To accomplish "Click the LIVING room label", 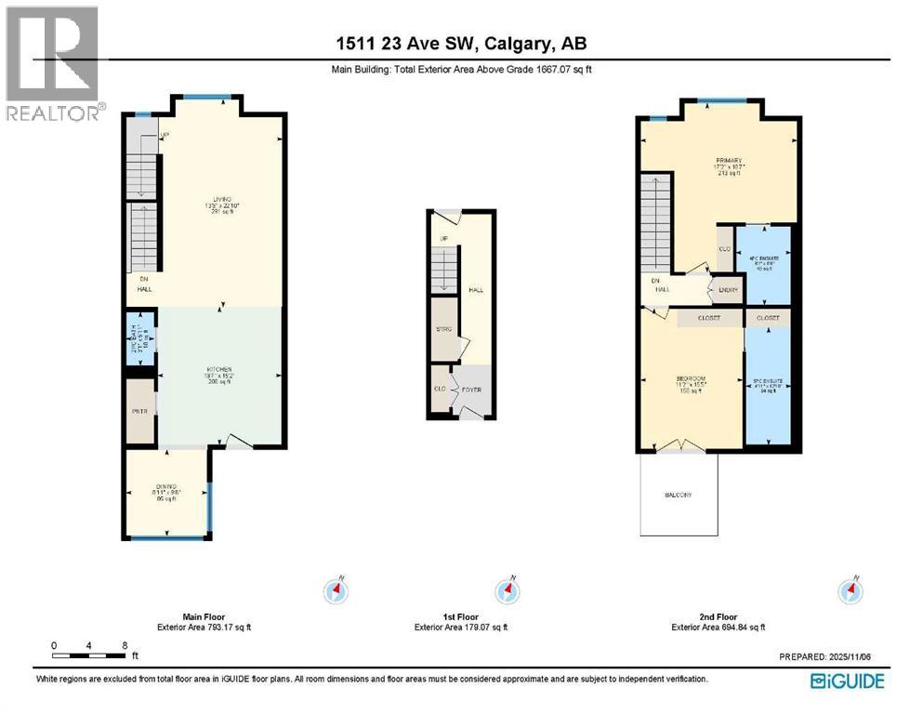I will (x=221, y=199).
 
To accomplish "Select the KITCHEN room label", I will (x=218, y=369).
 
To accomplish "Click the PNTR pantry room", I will (x=140, y=410).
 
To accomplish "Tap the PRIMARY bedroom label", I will (x=726, y=161).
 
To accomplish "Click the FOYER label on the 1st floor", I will (x=471, y=389).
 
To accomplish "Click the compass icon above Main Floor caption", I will (x=336, y=589).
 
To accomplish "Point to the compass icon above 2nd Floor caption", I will (x=850, y=589).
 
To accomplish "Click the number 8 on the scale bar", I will (x=123, y=645).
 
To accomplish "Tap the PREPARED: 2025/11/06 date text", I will (x=831, y=656).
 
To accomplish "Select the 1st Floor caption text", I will (x=461, y=616).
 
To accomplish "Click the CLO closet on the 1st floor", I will (x=438, y=390).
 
